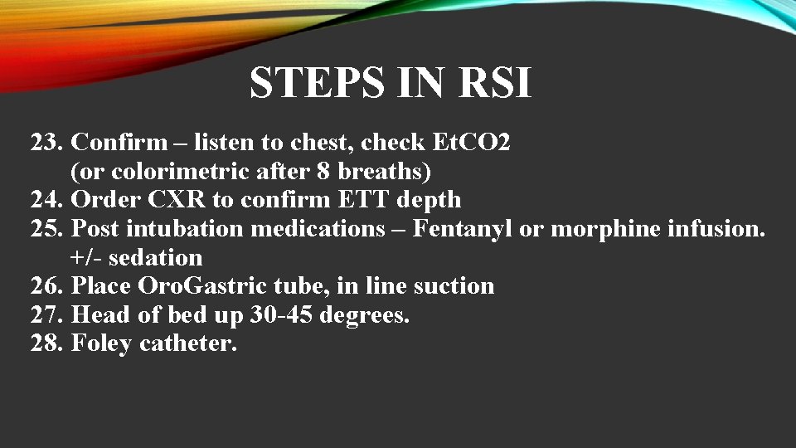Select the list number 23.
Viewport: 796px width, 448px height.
(x=46, y=143)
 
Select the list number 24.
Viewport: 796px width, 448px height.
(x=46, y=200)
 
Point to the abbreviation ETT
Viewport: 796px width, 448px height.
(x=344, y=200)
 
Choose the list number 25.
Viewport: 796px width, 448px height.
(x=46, y=228)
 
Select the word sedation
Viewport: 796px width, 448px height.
(x=155, y=257)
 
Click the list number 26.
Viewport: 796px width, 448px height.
(x=46, y=286)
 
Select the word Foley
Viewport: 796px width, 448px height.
(x=101, y=343)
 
